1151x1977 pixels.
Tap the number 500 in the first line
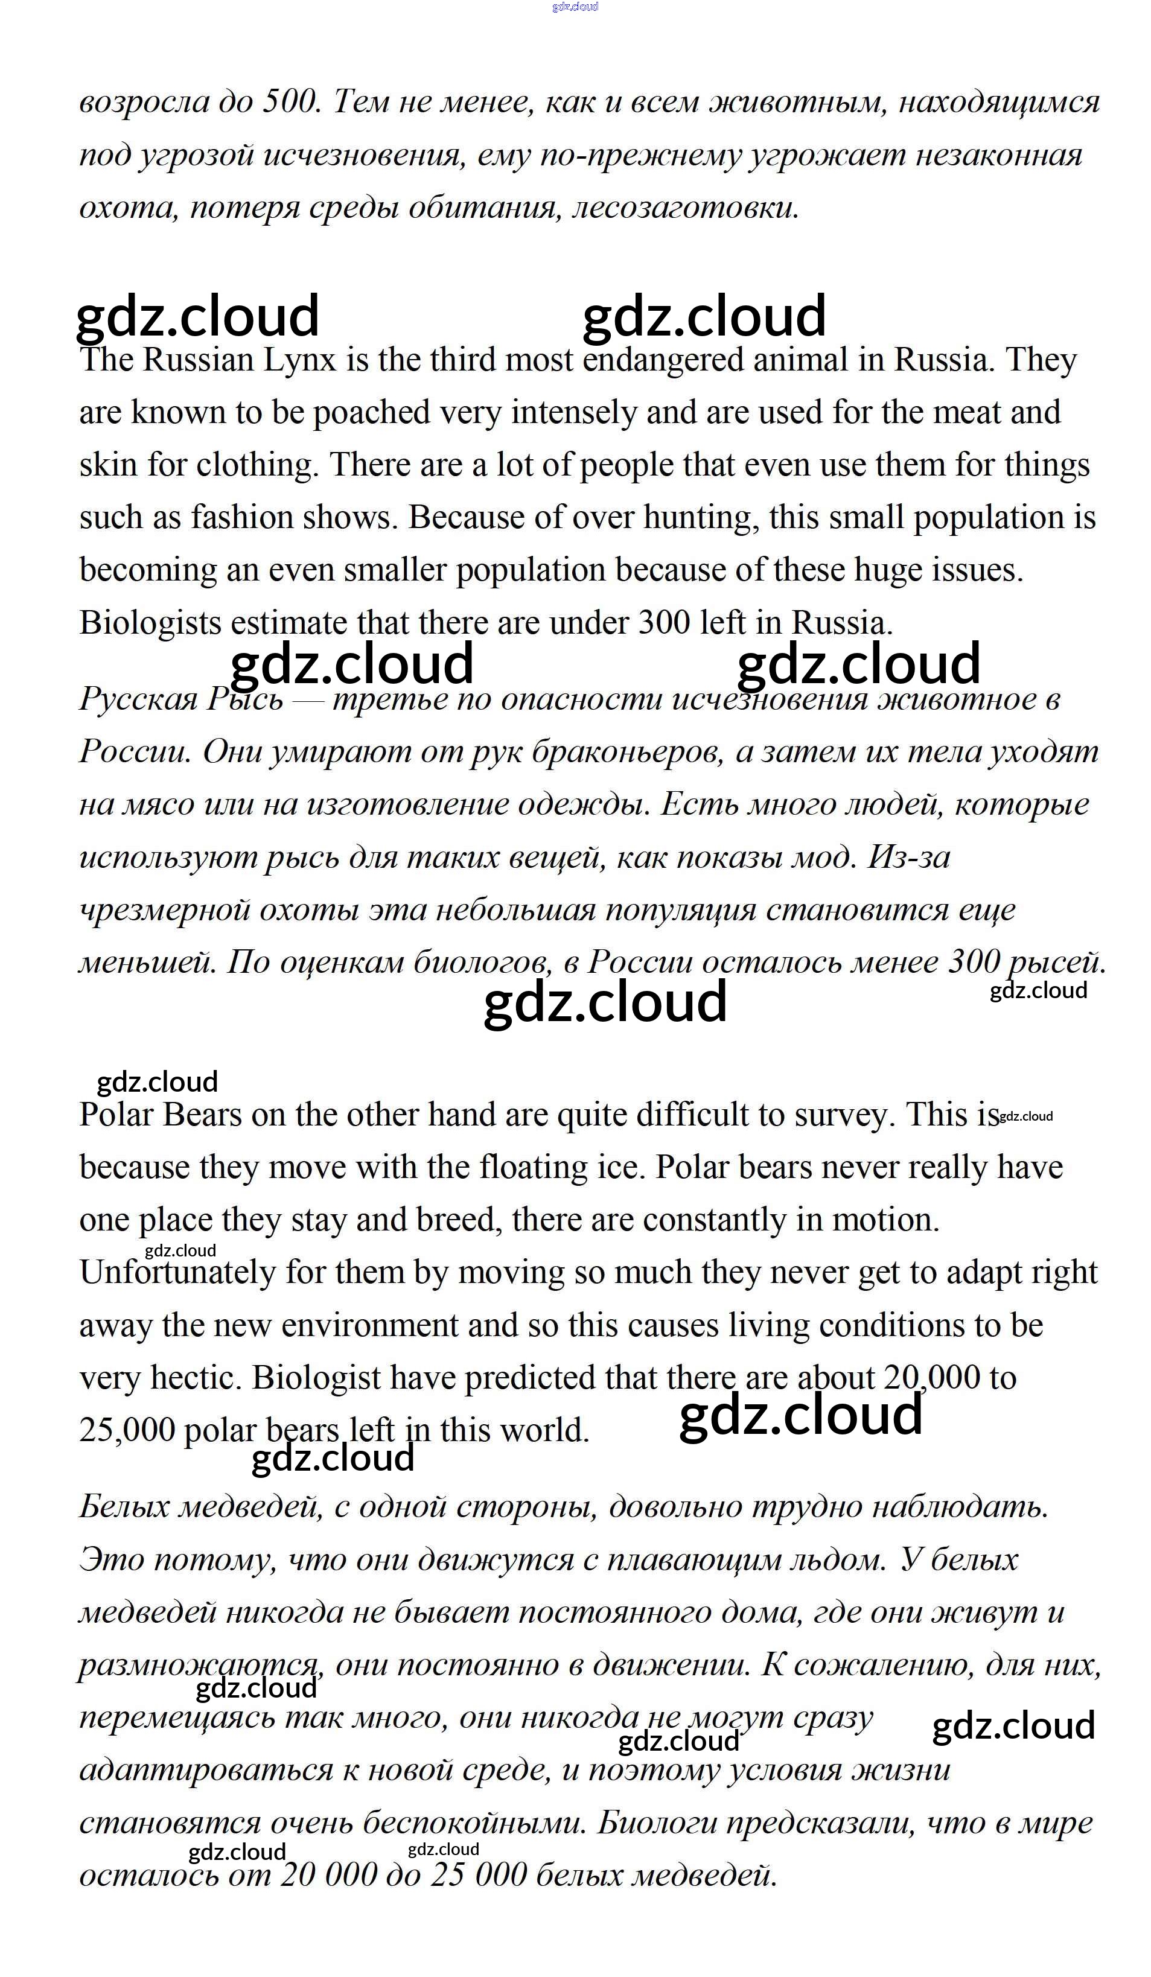coord(290,102)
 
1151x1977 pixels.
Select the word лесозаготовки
coord(685,208)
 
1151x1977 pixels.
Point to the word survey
coord(848,1115)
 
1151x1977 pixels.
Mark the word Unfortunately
coord(177,1273)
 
